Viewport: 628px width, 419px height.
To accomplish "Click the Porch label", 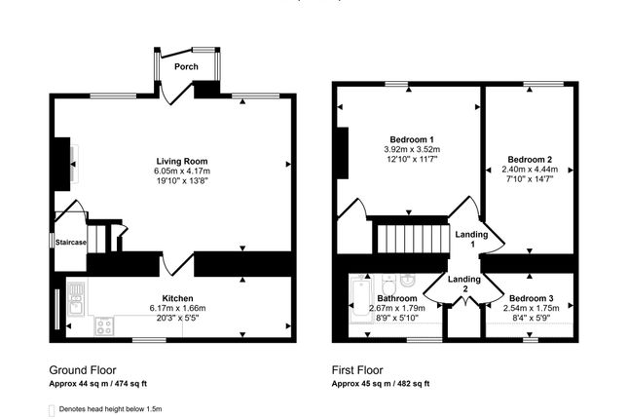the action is (x=186, y=66).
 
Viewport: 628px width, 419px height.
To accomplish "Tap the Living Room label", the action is (x=182, y=161).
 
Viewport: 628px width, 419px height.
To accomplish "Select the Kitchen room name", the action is (x=177, y=298).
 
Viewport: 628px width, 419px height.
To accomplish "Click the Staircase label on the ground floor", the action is (x=70, y=243).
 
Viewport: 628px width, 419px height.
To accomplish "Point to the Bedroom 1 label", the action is (x=412, y=139).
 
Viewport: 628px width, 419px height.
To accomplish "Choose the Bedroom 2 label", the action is (x=530, y=159).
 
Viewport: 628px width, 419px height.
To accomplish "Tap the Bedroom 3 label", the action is (x=532, y=298).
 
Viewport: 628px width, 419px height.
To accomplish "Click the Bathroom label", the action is (x=397, y=298).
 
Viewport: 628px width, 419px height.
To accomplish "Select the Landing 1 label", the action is (x=471, y=239).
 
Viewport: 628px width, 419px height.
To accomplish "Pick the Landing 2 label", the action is (x=464, y=284).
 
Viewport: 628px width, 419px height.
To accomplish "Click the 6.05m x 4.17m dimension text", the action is (x=182, y=171).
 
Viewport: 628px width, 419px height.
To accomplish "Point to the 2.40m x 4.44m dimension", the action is (x=530, y=170).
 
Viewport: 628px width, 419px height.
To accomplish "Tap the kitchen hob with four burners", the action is (x=104, y=326).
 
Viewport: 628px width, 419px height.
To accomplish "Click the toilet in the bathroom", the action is (x=388, y=286).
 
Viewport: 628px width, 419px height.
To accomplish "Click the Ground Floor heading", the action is (x=83, y=370).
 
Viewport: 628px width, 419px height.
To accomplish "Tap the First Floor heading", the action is (x=357, y=370).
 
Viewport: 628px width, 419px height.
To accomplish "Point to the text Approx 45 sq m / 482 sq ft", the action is (x=381, y=384).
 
